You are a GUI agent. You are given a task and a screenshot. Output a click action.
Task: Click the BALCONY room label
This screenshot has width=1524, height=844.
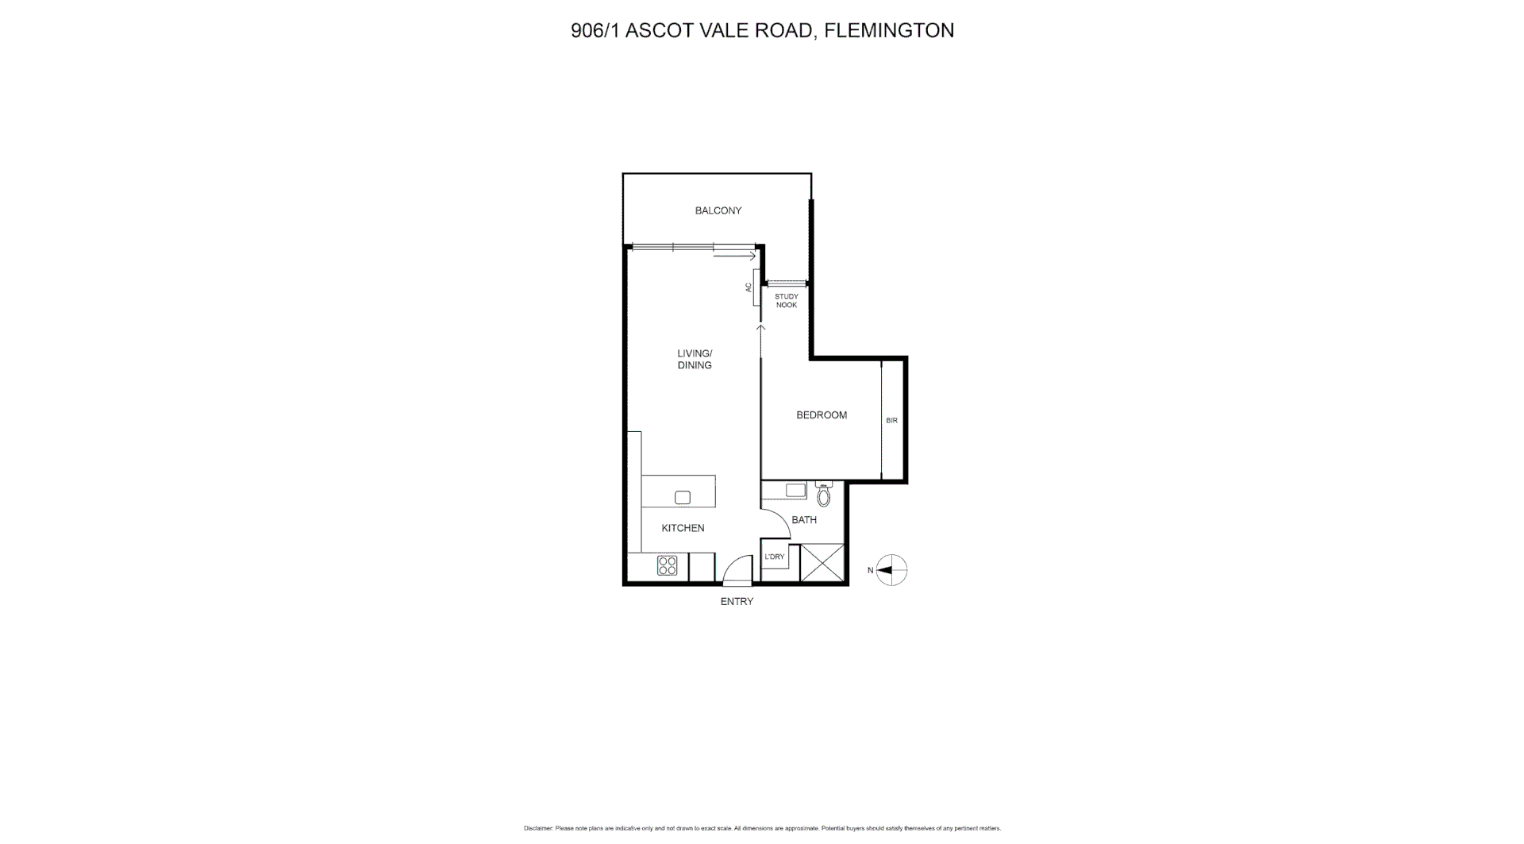[718, 210]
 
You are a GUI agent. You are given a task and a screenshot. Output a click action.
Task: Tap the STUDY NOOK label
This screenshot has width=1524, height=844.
[787, 301]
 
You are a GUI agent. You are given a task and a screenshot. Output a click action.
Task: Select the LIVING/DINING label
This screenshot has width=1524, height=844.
[695, 360]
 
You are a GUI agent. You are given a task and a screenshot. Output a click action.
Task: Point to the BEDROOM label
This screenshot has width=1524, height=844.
[822, 415]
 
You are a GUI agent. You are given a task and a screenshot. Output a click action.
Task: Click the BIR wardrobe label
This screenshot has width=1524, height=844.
[891, 420]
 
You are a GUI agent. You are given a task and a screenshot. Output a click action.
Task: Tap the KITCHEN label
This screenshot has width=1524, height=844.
[683, 528]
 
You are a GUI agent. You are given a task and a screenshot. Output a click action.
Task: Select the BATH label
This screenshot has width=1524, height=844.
[804, 520]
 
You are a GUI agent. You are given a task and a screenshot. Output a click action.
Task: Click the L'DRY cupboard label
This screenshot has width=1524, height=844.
[775, 557]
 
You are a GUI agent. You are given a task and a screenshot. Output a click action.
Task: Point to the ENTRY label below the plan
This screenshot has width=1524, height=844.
[737, 602]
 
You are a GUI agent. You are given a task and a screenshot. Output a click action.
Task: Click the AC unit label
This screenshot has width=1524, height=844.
[749, 287]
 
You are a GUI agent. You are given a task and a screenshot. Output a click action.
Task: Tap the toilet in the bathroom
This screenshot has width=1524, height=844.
[823, 495]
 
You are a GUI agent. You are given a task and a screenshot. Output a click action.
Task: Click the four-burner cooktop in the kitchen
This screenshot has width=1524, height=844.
[668, 565]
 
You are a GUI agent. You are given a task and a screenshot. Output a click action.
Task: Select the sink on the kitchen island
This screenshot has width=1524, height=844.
[683, 498]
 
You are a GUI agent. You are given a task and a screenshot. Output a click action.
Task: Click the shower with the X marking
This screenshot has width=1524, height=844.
[822, 563]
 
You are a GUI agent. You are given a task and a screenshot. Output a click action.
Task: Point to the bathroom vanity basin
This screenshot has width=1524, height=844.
[795, 491]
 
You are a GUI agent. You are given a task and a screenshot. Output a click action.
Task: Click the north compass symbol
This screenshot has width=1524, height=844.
[892, 570]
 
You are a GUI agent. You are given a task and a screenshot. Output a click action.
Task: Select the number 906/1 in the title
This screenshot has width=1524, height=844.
[595, 31]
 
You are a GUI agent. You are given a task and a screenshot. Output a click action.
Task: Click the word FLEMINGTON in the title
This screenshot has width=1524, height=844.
[889, 31]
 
